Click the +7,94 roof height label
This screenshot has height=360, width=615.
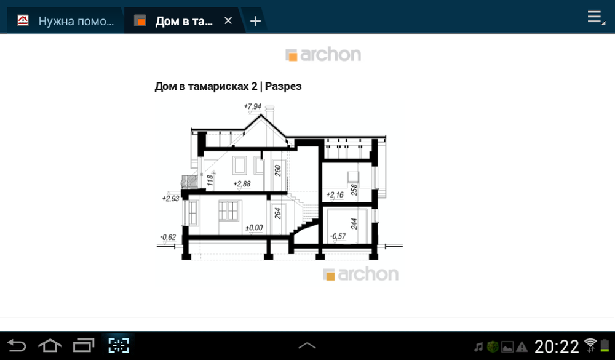click(x=253, y=106)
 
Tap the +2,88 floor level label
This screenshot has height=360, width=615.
click(x=242, y=183)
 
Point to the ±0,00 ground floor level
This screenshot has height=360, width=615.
click(x=254, y=228)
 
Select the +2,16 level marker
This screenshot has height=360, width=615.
click(x=335, y=195)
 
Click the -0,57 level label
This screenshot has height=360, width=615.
click(x=338, y=236)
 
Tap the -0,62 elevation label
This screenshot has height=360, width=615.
click(x=168, y=237)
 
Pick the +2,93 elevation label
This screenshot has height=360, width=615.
click(x=170, y=198)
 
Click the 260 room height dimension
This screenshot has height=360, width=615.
click(x=278, y=170)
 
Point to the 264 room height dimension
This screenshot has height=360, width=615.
click(x=278, y=214)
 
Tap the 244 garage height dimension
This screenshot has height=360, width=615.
click(x=354, y=223)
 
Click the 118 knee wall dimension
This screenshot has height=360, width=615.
click(x=210, y=180)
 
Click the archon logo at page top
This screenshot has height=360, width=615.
click(x=323, y=55)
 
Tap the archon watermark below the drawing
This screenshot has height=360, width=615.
click(x=361, y=274)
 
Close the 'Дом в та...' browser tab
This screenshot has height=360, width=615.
click(x=228, y=20)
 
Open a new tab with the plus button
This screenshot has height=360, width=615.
click(x=255, y=21)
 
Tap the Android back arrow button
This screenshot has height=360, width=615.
click(x=17, y=346)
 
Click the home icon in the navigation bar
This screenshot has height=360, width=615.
click(x=50, y=346)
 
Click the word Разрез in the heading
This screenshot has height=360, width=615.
click(x=283, y=86)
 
